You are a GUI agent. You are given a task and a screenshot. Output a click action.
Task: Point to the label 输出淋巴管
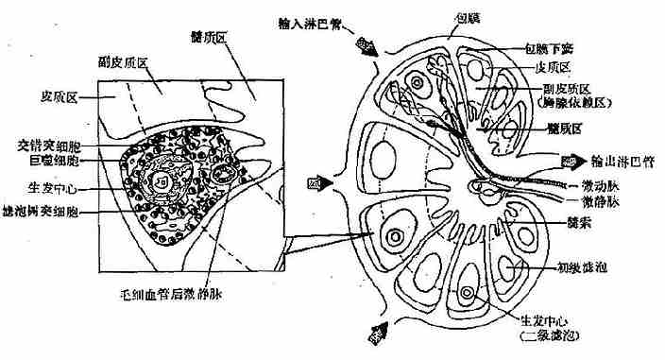click(620, 162)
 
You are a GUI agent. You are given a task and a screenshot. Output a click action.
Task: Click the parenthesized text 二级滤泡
click(549, 335)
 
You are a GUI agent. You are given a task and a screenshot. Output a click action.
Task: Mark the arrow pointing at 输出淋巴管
click(570, 162)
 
